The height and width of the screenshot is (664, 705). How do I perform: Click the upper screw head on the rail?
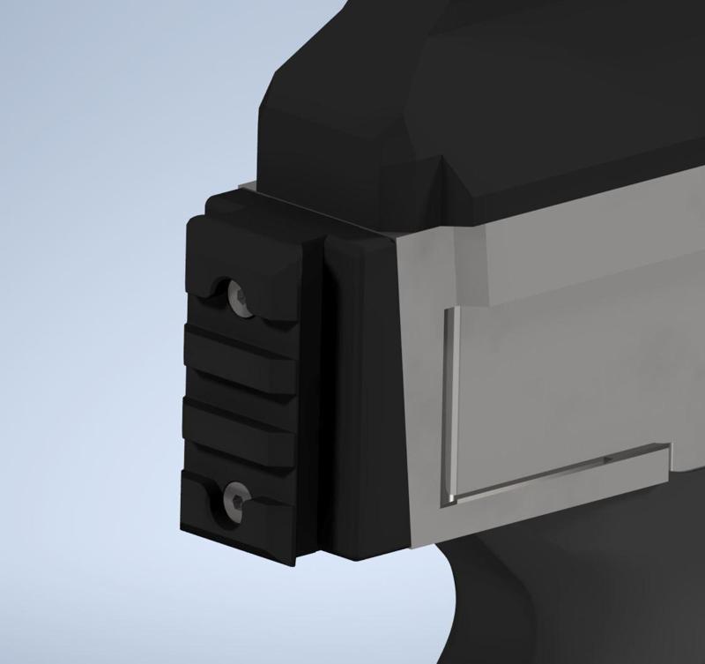[x=236, y=295]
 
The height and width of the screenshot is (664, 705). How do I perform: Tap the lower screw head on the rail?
[x=235, y=496]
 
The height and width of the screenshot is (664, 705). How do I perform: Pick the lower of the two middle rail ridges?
[x=238, y=422]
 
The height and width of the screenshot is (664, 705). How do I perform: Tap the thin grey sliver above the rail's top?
[x=247, y=187]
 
